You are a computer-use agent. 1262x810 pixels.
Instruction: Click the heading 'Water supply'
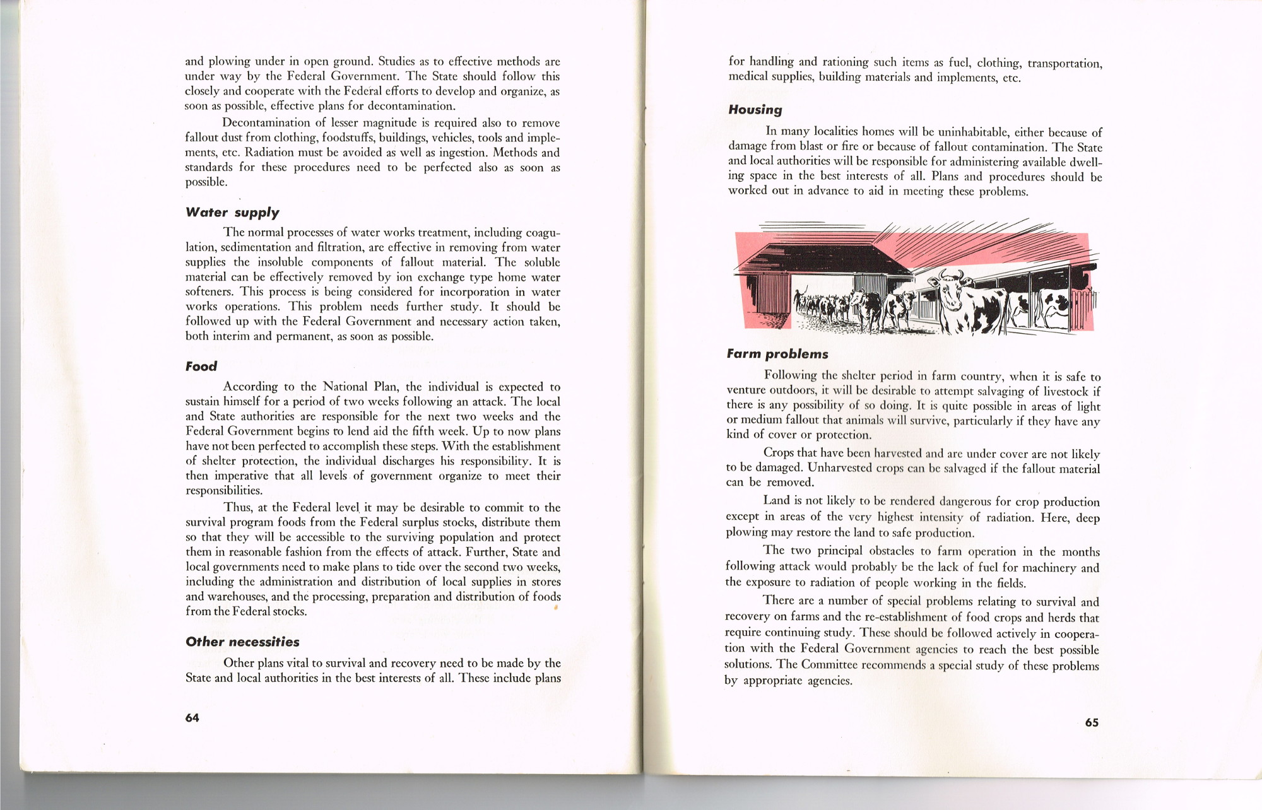pos(232,213)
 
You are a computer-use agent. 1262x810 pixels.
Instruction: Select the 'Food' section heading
pos(201,367)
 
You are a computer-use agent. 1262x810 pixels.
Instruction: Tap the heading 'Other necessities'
pos(242,642)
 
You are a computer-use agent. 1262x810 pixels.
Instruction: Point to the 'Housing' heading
pos(755,110)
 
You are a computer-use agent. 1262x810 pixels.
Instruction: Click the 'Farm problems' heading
pos(777,354)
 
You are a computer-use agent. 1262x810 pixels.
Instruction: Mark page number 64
pos(192,718)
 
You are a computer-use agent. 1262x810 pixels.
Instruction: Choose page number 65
pos(1092,723)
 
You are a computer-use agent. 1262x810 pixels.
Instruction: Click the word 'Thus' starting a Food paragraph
pos(237,508)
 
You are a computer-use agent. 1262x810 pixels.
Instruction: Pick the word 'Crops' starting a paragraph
pos(779,453)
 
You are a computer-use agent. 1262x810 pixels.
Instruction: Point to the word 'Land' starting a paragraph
pos(776,500)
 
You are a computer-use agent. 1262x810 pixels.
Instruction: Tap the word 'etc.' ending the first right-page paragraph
pos(1011,78)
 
